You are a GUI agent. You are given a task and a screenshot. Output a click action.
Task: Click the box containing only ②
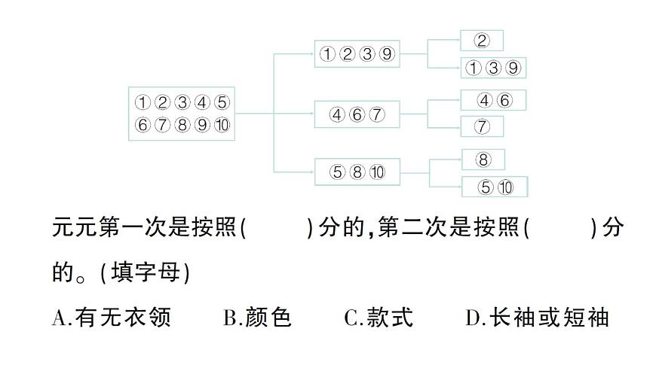coord(481,40)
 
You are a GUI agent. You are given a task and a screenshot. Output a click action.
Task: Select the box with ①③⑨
coord(492,68)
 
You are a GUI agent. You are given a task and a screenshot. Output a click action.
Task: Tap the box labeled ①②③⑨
coord(357,54)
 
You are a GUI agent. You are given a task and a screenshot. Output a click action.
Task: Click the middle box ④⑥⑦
coord(357,114)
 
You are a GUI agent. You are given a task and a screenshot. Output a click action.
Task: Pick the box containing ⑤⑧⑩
coord(357,172)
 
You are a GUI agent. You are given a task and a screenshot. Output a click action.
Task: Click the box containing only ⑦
coord(482,126)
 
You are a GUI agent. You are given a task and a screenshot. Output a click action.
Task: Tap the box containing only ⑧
coord(483,160)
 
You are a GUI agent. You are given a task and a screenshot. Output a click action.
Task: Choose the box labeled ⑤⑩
coord(495,187)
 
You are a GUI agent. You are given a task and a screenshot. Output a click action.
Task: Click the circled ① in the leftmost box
coord(142,102)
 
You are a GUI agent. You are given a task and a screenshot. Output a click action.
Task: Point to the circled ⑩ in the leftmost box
coord(221,125)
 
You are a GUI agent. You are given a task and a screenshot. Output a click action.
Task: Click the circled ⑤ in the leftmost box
coord(221,102)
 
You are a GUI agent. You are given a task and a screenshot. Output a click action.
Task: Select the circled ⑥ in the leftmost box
coord(142,125)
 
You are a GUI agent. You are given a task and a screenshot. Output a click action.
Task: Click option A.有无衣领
coord(112,318)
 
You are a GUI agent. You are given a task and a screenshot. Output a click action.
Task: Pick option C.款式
coord(379,318)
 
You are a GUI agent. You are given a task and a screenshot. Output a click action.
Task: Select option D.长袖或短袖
coord(537,318)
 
